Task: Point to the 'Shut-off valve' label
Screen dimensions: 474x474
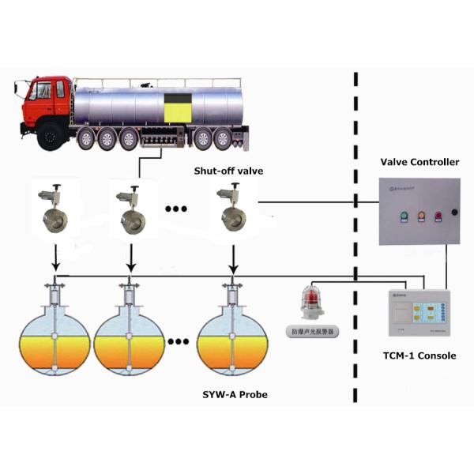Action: (x=228, y=171)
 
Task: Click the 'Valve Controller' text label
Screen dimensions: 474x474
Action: (x=419, y=162)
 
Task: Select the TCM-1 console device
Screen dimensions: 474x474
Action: (x=416, y=316)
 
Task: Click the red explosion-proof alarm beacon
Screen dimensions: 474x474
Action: (x=310, y=304)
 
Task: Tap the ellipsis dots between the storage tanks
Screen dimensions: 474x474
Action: (x=179, y=343)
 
